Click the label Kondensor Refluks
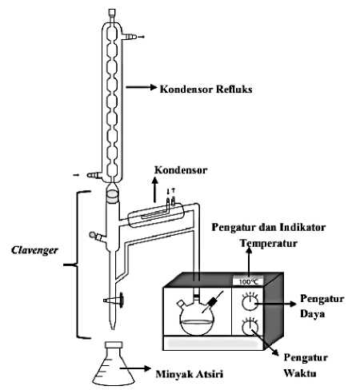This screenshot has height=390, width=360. pyautogui.click(x=206, y=89)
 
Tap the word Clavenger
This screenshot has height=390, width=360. pyautogui.click(x=34, y=250)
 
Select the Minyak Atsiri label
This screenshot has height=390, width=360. pyautogui.click(x=190, y=374)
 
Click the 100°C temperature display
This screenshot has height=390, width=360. pyautogui.click(x=248, y=281)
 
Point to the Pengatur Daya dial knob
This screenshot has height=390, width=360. pyautogui.click(x=250, y=303)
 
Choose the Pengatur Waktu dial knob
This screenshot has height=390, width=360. pyautogui.click(x=250, y=327)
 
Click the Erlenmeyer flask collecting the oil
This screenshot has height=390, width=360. pyautogui.click(x=114, y=364)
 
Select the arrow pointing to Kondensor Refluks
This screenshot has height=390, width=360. pyautogui.click(x=142, y=87)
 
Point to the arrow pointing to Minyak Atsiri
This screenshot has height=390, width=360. pyautogui.click(x=135, y=368)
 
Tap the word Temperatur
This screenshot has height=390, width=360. pyautogui.click(x=269, y=244)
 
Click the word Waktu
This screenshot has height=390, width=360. pyautogui.click(x=300, y=373)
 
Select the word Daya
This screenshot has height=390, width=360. pyautogui.click(x=312, y=314)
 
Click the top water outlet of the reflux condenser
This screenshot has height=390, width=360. pyautogui.click(x=130, y=37)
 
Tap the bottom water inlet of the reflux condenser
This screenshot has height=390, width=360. pyautogui.click(x=94, y=175)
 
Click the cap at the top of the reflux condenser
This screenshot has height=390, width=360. pyautogui.click(x=112, y=13)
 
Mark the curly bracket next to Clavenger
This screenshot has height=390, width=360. pyautogui.click(x=78, y=265)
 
